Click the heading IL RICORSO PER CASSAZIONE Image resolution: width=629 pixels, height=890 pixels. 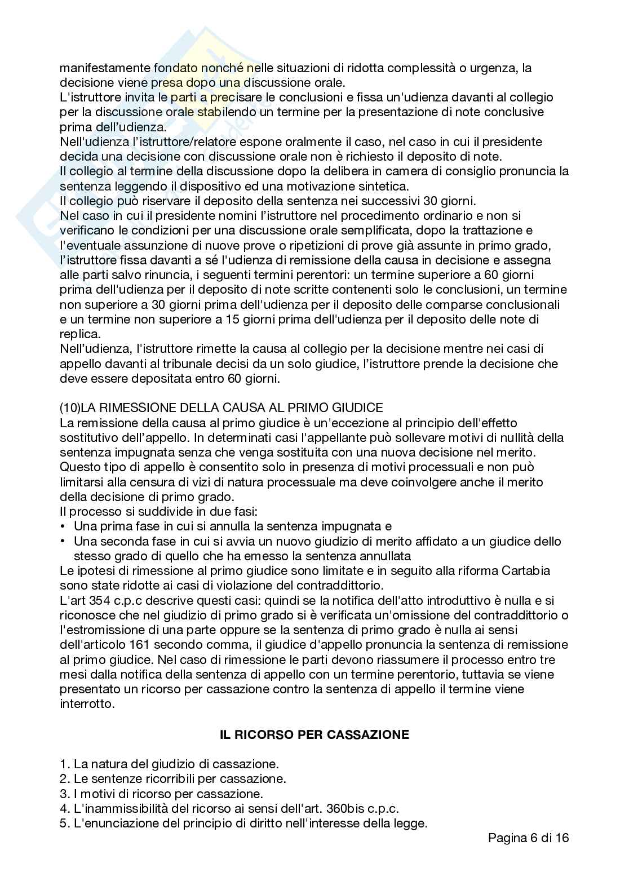click(314, 734)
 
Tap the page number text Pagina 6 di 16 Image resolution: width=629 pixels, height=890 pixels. click(528, 837)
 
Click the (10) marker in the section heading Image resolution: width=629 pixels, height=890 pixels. click(70, 408)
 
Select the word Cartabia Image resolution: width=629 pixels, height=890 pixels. click(529, 570)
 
